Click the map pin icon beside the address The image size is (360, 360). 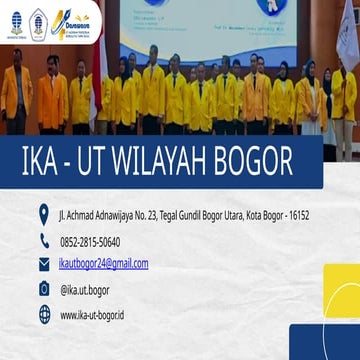pos(44,215)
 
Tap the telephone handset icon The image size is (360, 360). pos(44,241)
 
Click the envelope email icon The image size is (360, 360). pos(44,265)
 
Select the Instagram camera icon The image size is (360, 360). pos(44,289)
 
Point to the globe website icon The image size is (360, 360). pos(44,314)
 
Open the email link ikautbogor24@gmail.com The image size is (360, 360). pos(104,264)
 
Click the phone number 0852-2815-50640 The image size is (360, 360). pos(90,241)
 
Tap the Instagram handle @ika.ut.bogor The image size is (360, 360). pos(85,290)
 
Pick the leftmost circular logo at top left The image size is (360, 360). pos(16,20)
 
